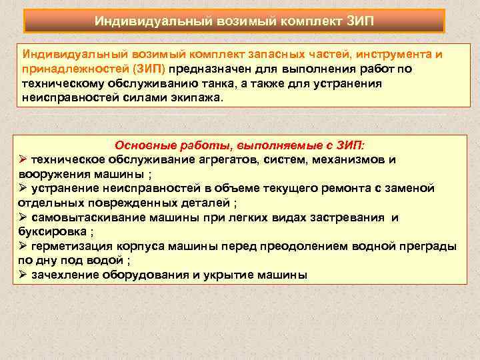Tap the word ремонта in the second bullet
347,189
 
